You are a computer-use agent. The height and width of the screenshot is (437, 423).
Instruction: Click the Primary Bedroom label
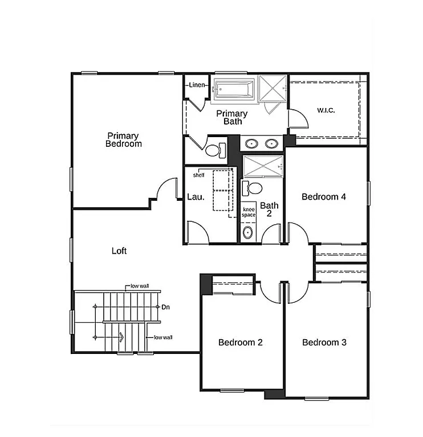click(x=123, y=140)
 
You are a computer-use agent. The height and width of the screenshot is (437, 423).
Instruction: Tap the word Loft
click(x=119, y=250)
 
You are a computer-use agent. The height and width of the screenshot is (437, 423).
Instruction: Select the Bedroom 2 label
click(x=241, y=343)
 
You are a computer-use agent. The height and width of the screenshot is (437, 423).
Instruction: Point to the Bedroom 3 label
click(x=324, y=343)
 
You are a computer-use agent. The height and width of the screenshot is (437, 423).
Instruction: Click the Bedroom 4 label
click(x=324, y=197)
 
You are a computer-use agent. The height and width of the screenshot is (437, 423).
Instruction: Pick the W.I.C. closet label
click(x=326, y=110)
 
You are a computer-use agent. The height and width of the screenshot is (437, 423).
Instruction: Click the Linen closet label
click(x=197, y=85)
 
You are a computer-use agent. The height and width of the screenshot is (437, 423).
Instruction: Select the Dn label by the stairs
click(x=166, y=307)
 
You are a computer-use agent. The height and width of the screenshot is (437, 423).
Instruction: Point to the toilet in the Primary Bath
click(x=215, y=150)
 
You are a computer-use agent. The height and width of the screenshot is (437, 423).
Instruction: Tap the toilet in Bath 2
click(x=254, y=188)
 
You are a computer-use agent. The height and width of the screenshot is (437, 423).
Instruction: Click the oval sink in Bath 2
click(x=248, y=232)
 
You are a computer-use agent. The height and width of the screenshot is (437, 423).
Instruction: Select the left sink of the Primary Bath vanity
click(x=251, y=143)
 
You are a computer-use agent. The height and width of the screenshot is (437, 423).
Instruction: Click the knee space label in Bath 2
click(x=249, y=212)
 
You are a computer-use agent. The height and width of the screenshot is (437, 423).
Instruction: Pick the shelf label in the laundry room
click(x=198, y=175)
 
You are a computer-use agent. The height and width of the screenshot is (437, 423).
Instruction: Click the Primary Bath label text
click(x=232, y=117)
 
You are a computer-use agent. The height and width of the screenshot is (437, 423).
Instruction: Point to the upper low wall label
click(x=140, y=286)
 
